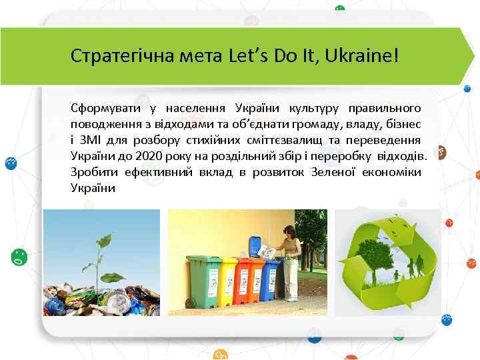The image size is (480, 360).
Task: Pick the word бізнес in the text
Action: (x=409, y=123)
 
